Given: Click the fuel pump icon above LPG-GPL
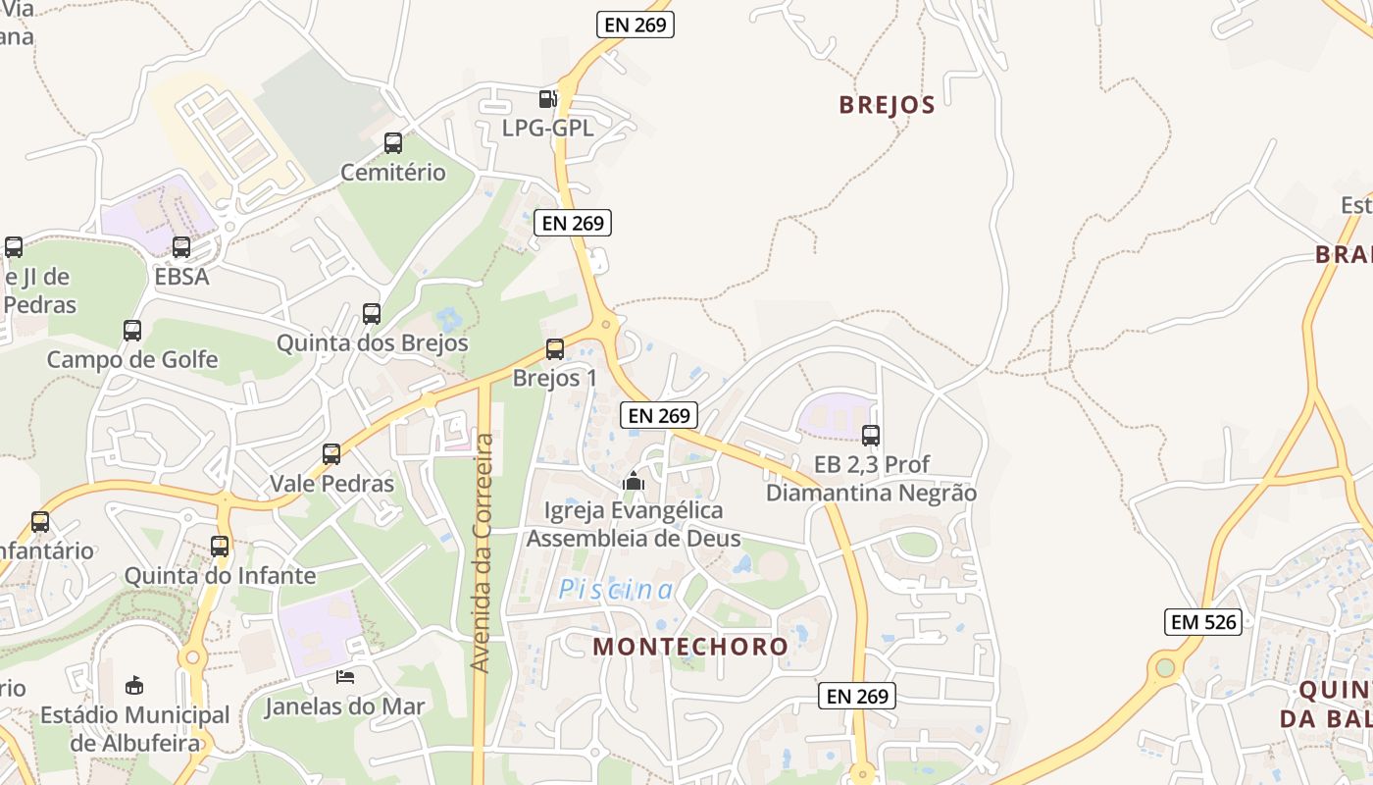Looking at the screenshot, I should click(x=547, y=98).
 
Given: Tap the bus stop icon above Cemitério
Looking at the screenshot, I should click(x=393, y=143).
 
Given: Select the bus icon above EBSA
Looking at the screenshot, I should click(x=181, y=247).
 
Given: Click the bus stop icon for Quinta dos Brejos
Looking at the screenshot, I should click(x=372, y=314).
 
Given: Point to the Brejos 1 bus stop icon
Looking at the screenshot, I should click(x=555, y=349).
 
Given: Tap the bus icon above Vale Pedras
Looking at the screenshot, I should click(x=331, y=454).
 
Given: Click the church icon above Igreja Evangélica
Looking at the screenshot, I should click(x=634, y=481).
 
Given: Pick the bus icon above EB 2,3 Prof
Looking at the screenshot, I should click(x=871, y=436).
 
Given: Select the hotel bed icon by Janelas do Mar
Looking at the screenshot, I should click(x=345, y=676).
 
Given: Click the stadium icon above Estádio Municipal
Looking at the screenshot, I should click(x=134, y=685).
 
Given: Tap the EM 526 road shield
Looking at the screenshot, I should click(x=1203, y=621).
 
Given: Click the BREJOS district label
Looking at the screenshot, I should click(x=887, y=105).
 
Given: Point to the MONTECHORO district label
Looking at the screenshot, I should click(x=690, y=646).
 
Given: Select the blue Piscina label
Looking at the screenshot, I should click(x=617, y=590).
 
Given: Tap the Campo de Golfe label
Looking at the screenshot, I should click(x=132, y=359).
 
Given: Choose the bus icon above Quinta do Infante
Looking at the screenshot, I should click(x=220, y=547).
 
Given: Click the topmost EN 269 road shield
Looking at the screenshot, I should click(x=636, y=26).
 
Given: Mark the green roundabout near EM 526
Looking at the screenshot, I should click(x=1165, y=668).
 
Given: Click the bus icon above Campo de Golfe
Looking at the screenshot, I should click(x=132, y=331).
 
